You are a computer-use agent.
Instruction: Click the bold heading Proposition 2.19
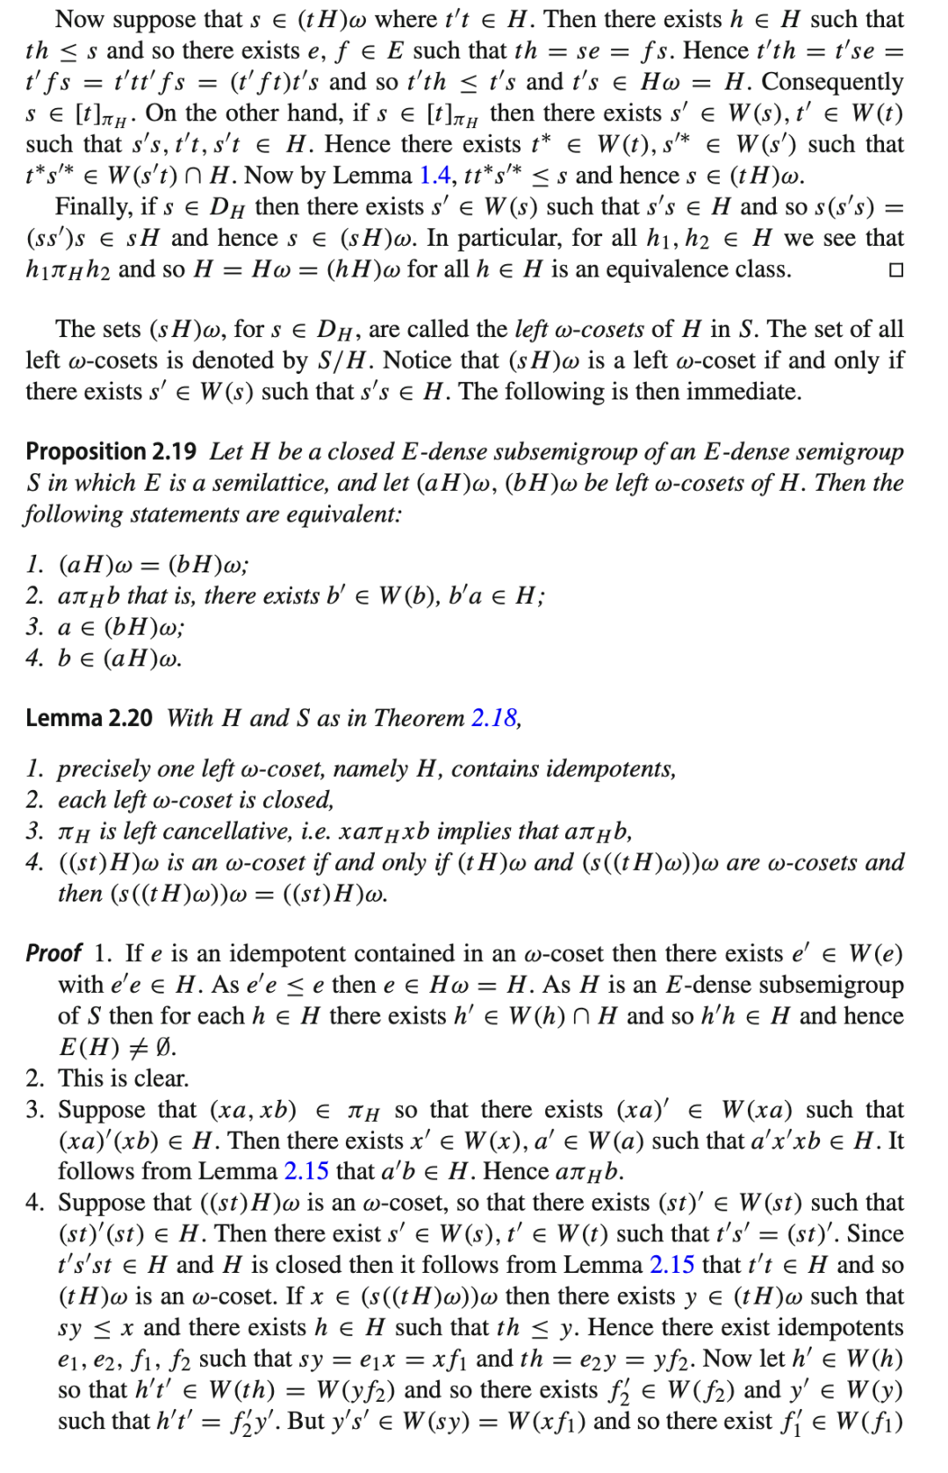[111, 451]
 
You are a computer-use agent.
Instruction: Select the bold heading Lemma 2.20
[89, 718]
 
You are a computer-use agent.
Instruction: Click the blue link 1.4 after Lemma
[435, 176]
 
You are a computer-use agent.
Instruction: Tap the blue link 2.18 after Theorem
[494, 718]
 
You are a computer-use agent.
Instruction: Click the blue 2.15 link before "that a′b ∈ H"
[306, 1171]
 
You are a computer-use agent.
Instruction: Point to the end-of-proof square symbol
[895, 269]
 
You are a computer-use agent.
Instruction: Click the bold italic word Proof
[54, 953]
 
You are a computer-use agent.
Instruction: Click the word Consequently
[832, 82]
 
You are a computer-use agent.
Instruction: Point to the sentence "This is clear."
[124, 1078]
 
